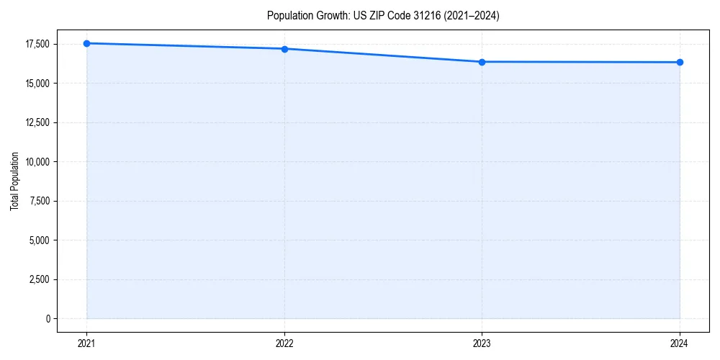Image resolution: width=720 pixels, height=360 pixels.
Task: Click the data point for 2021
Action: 86,43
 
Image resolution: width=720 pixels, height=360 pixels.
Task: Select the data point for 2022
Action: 284,49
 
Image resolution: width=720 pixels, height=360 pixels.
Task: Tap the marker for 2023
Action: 482,62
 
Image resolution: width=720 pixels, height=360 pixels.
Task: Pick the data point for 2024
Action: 680,62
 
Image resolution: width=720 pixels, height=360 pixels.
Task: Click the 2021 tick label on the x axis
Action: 86,343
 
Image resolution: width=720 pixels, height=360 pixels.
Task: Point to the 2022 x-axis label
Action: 284,343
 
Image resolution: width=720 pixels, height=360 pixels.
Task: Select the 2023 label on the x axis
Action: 482,343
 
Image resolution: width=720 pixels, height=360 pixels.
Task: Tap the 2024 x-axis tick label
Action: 680,343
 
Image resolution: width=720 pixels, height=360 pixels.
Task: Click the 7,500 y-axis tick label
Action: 40,201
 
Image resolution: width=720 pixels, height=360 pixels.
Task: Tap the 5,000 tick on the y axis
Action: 40,240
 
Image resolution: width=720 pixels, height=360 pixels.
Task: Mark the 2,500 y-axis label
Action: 40,279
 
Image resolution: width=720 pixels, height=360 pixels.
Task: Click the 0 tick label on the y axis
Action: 48,318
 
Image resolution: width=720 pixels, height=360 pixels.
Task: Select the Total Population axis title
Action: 14,181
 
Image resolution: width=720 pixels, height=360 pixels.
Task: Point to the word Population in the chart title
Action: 289,16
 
